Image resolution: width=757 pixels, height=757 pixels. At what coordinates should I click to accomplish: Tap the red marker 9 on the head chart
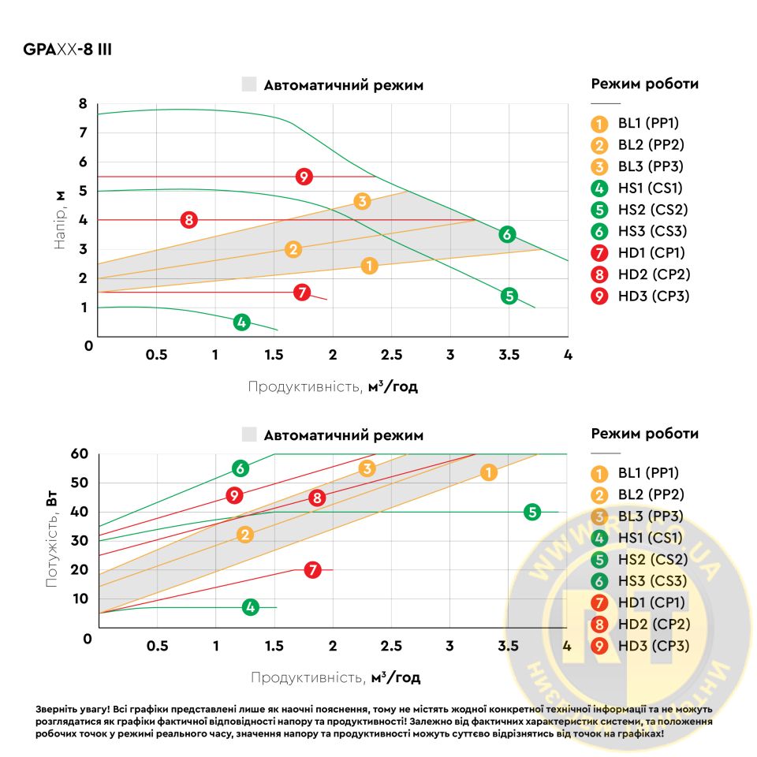click(x=305, y=177)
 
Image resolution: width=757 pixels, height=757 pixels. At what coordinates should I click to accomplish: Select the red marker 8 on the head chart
click(x=188, y=220)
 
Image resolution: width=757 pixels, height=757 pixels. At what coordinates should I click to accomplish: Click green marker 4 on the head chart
click(x=241, y=322)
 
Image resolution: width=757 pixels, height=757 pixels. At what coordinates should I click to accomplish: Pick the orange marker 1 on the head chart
click(x=369, y=266)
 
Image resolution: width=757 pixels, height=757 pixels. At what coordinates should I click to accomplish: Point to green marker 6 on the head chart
click(x=507, y=234)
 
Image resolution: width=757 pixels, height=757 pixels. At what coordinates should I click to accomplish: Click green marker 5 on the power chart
click(x=532, y=512)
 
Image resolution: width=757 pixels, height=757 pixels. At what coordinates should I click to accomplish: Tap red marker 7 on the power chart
click(x=313, y=569)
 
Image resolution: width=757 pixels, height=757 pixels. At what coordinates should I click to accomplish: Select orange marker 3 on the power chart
click(x=367, y=469)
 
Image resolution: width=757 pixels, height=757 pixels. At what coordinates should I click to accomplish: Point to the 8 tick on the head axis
click(x=82, y=103)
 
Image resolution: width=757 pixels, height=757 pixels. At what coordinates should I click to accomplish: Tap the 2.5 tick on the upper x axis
click(x=392, y=355)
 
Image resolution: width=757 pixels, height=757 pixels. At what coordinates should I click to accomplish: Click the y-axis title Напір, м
click(x=60, y=221)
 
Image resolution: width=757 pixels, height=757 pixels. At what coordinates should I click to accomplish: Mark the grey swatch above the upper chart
click(x=249, y=85)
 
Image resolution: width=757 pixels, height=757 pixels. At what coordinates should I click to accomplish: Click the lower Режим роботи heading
click(x=644, y=434)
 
